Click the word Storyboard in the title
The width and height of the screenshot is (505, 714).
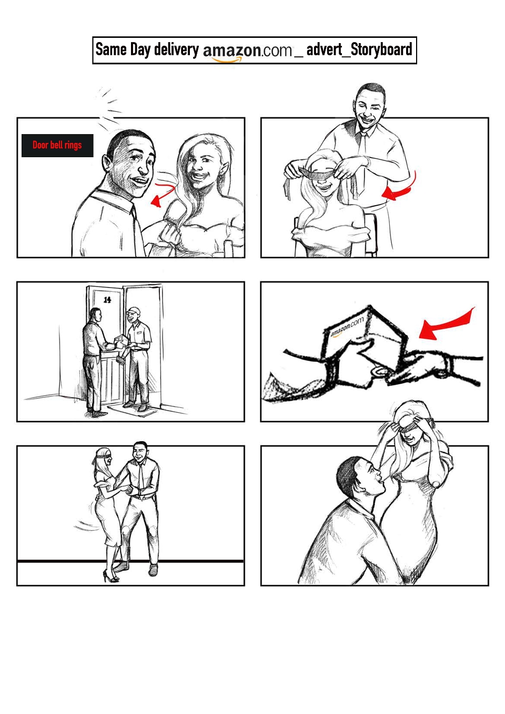tap(381, 50)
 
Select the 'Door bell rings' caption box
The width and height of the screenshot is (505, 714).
tap(57, 145)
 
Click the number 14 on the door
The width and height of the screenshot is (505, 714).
tap(107, 300)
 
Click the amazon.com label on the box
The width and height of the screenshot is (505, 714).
tap(347, 327)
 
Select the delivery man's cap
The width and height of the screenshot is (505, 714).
tap(133, 310)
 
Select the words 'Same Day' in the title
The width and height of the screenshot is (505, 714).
tap(123, 50)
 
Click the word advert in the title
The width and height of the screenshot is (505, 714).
tap(324, 50)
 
